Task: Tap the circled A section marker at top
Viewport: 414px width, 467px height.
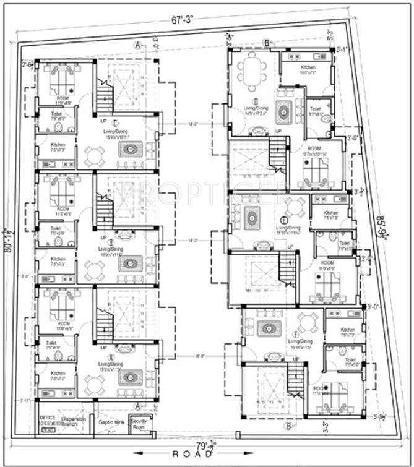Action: click(137, 44)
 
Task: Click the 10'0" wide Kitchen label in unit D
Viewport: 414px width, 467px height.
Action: click(308, 70)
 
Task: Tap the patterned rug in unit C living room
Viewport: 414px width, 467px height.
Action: click(131, 150)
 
